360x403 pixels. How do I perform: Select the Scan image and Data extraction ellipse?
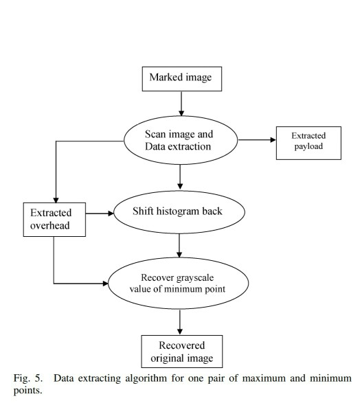pyautogui.click(x=180, y=139)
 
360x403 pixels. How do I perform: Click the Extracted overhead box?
pyautogui.click(x=53, y=218)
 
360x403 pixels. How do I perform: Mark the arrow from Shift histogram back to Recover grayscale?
pyautogui.click(x=180, y=247)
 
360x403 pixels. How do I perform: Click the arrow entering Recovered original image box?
pyautogui.click(x=180, y=321)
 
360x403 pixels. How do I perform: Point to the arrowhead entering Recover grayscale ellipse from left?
pyautogui.click(x=107, y=282)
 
